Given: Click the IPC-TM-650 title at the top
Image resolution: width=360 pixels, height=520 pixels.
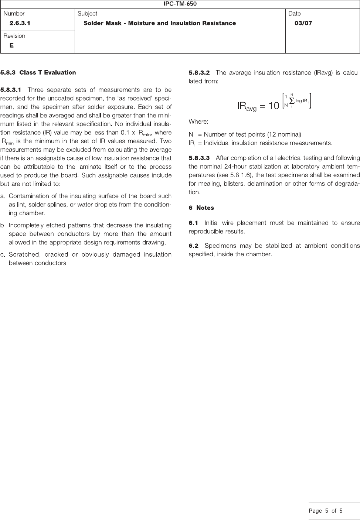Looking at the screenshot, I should coord(180,4).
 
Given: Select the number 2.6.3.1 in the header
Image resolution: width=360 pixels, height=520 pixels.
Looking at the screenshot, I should coord(20,23).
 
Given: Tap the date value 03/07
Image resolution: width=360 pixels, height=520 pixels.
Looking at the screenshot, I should coord(303,23).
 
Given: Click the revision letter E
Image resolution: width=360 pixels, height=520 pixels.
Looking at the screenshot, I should coord(12,45).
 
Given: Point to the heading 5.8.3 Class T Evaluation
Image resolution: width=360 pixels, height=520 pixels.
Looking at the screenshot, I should coord(38,73).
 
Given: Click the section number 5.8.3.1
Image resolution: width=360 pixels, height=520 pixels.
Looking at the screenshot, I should coord(11,90).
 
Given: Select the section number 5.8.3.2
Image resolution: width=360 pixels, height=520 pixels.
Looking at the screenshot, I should coord(199,73).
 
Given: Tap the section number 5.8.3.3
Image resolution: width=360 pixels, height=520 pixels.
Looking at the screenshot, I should coord(199,158).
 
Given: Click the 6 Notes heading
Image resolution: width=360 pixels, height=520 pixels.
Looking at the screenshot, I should coord(201,208).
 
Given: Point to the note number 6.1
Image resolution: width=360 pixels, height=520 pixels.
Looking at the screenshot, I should coord(193,223).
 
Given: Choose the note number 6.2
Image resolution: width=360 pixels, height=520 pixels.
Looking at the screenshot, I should coord(193,246).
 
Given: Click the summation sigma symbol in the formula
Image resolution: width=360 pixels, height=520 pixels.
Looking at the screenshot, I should coord(292,101).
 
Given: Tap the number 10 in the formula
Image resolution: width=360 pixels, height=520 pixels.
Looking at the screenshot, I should coord(274,106).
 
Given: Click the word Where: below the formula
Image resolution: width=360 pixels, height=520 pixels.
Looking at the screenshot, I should coord(198,122).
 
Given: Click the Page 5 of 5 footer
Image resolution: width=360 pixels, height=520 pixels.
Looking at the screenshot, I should coord(326,511).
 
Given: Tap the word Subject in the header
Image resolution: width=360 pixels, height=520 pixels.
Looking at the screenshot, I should coord(87,14).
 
